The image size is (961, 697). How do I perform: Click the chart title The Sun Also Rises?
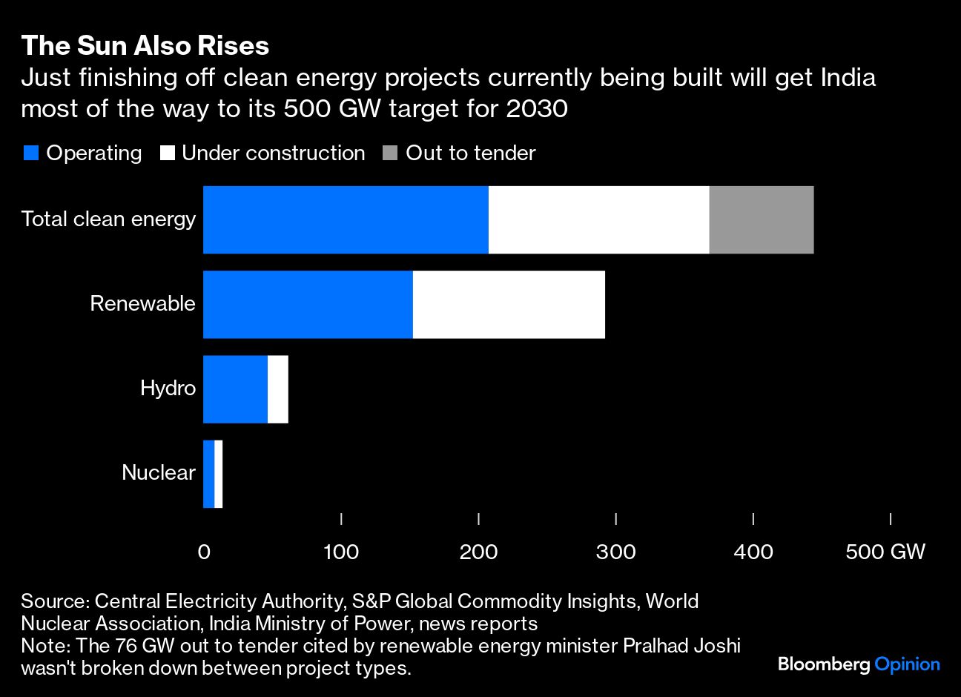(x=145, y=46)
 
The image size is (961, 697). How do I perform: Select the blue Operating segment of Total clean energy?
(x=346, y=219)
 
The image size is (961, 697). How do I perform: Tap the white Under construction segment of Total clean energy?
(x=598, y=219)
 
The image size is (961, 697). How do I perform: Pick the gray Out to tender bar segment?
(x=761, y=219)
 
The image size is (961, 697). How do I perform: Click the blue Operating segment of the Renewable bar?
(x=308, y=304)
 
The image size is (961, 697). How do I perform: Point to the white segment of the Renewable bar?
(x=509, y=304)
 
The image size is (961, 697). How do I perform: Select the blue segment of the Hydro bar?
(x=235, y=389)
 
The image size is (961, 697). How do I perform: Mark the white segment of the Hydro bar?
(x=277, y=389)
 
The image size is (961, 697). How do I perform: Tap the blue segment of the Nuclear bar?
(x=208, y=473)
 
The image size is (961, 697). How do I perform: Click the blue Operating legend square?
(x=31, y=153)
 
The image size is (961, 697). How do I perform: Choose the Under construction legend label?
(x=273, y=153)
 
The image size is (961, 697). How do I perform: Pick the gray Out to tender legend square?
(x=390, y=153)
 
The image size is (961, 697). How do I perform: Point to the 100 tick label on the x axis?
(x=341, y=552)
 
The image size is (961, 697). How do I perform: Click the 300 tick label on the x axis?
(x=616, y=552)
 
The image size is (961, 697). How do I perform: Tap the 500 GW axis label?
(x=885, y=552)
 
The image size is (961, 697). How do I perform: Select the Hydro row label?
(x=168, y=389)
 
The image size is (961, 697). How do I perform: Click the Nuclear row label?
(x=159, y=473)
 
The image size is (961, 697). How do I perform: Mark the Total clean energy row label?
(x=108, y=219)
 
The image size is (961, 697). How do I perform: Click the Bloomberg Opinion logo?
(x=859, y=664)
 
